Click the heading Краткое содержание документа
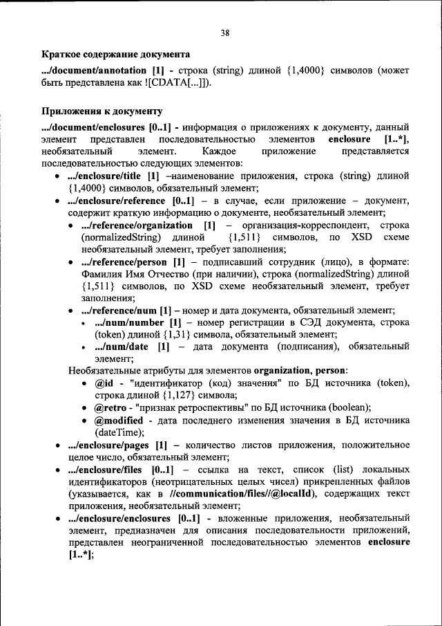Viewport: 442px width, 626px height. coord(115,53)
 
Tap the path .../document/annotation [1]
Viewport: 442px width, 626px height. coord(102,70)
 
